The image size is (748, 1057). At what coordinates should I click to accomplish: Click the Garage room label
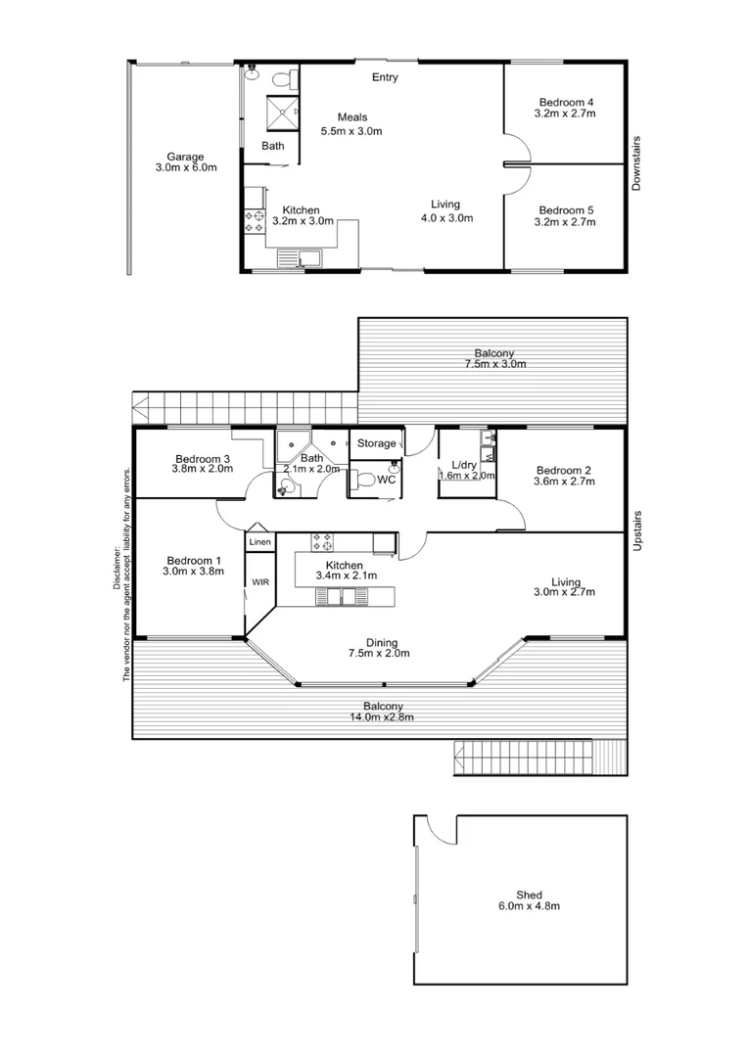coord(185,157)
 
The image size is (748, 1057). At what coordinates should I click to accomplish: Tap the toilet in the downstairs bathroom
coord(281,77)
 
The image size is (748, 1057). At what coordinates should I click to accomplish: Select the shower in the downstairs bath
coord(283,113)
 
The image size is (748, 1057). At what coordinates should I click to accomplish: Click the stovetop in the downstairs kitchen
coord(255,222)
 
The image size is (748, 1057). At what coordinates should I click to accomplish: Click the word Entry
coord(385,77)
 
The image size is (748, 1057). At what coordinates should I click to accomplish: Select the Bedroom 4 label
coord(566,102)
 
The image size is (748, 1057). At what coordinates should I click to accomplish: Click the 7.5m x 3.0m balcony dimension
coord(494,364)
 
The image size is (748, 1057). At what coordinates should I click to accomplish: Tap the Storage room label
coord(376,443)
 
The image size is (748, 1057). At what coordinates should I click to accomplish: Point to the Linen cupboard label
coord(259,541)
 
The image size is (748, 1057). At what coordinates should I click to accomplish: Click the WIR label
coord(259,581)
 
